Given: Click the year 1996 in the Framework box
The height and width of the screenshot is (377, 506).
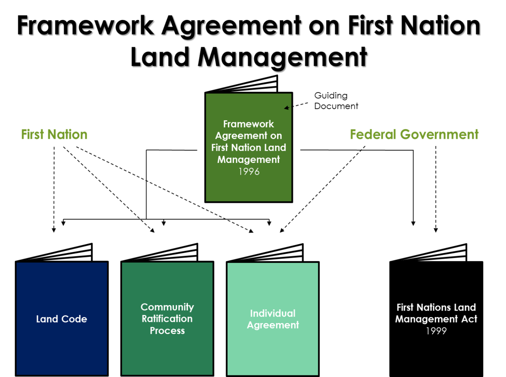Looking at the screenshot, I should pos(249,171).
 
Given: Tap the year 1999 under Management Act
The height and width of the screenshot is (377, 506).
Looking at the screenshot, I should pos(436,331).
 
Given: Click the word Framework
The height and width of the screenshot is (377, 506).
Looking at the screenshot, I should pos(248,124).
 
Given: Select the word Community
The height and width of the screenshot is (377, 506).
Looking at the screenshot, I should pos(167,307).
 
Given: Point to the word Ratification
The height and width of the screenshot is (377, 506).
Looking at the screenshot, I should pos(167,319).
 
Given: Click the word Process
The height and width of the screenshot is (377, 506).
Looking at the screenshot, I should pos(167,331).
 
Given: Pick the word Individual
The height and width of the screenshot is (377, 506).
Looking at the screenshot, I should pos(272,313).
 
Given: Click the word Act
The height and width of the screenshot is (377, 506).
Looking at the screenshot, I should pos(469,319).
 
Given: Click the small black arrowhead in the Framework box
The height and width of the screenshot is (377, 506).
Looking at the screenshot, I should pos(287,108).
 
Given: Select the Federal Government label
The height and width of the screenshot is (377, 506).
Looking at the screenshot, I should pos(414,134).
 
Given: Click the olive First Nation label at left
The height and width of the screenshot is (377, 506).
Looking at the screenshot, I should pos(54,134).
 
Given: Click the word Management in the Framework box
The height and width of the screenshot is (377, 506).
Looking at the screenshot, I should pos(248,160).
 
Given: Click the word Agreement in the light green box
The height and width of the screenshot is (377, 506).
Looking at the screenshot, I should pos(272,325).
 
